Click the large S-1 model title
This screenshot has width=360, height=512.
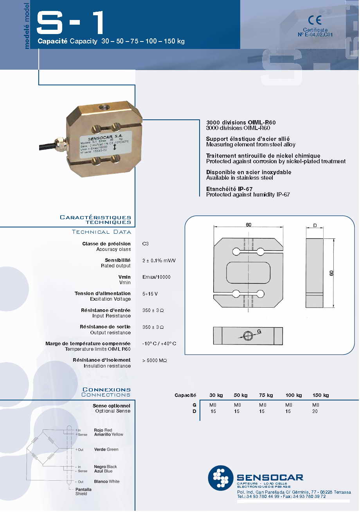pos(70,23)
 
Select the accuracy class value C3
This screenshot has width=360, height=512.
pos(146,244)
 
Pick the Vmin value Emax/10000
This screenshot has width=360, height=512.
pos(157,277)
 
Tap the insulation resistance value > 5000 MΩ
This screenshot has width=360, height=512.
pos(155,360)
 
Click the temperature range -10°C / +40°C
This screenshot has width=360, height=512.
pos(159,344)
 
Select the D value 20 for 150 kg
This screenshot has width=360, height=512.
pos(315,411)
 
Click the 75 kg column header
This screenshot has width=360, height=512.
pos(266,395)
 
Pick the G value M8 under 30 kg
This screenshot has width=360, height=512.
pos(213,405)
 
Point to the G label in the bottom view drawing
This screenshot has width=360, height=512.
pos(259,331)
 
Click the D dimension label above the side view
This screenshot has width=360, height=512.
pos(315,226)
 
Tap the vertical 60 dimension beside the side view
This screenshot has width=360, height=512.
pos(331,273)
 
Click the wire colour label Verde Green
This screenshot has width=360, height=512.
pos(106,450)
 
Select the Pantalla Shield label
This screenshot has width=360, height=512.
pos(83,492)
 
